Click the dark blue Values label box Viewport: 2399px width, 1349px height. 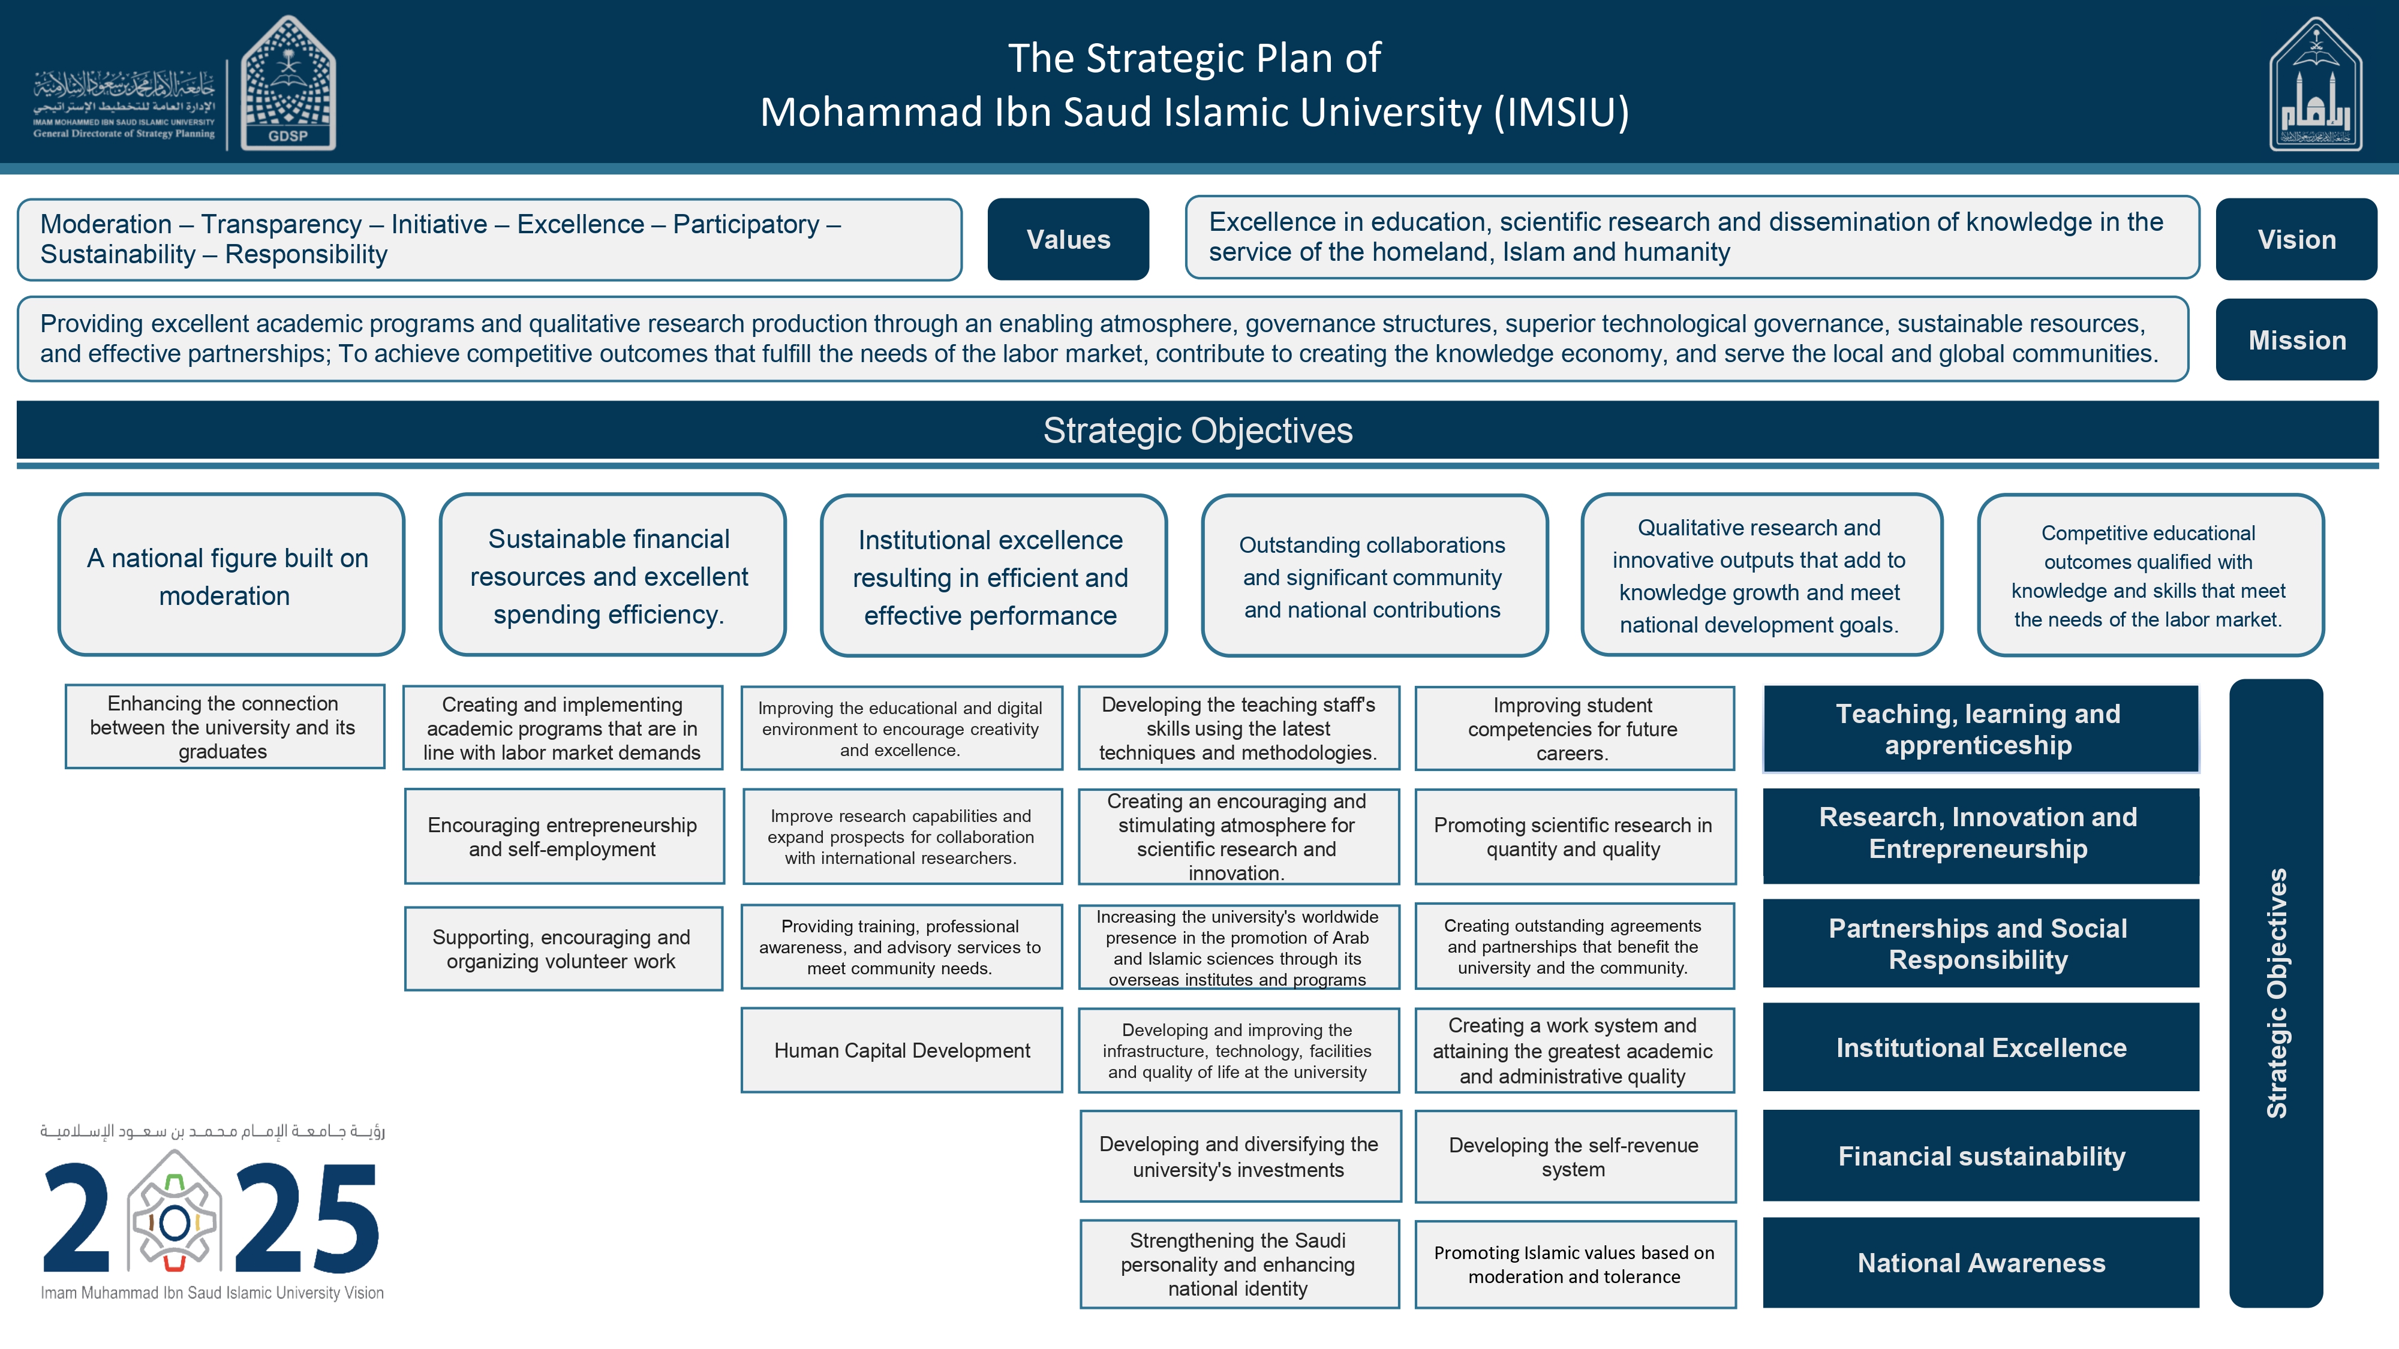[x=1068, y=239]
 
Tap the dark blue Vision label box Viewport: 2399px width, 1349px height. [x=2296, y=239]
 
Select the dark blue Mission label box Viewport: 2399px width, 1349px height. [x=2296, y=340]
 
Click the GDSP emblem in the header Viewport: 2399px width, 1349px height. [x=288, y=84]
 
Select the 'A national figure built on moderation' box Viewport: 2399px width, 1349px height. [x=231, y=576]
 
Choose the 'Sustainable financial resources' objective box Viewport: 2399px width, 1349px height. [x=612, y=576]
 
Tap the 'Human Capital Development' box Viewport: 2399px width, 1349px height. [x=901, y=1050]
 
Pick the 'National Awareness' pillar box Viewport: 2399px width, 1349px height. [x=1981, y=1263]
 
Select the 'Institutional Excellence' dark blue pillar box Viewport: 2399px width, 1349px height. [x=1981, y=1047]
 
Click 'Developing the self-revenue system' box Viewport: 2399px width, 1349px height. [x=1574, y=1157]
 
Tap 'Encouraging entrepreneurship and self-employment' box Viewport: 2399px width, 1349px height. [x=563, y=836]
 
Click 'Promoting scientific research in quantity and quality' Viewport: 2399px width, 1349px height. [x=1574, y=836]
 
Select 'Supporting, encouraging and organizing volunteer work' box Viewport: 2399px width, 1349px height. [x=563, y=948]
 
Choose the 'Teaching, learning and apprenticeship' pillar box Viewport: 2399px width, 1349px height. [x=1981, y=729]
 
